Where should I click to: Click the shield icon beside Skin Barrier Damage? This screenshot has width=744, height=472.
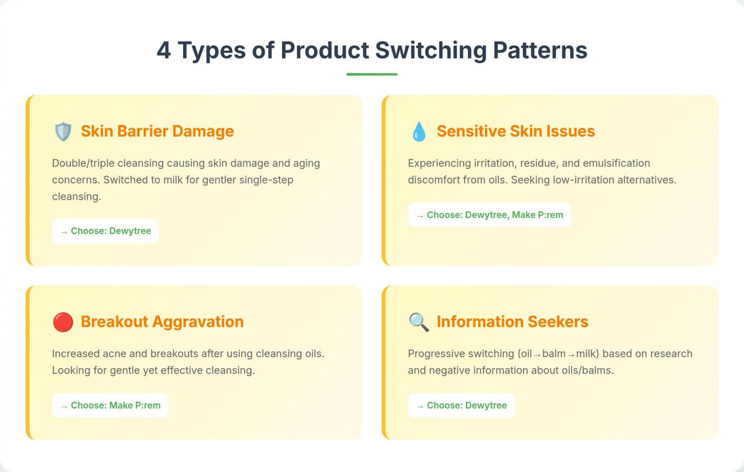tap(63, 132)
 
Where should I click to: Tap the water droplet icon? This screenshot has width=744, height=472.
tap(419, 132)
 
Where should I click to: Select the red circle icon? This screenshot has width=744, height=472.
tap(63, 322)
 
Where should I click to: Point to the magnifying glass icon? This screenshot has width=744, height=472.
tap(419, 322)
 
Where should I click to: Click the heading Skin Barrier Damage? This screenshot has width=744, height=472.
tap(157, 131)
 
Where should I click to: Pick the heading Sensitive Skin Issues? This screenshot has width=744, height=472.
tap(515, 131)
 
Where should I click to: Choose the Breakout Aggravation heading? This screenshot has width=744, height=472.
tap(162, 321)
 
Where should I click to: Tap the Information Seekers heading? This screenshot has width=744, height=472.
tap(512, 321)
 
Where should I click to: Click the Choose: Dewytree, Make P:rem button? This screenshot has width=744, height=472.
tap(489, 215)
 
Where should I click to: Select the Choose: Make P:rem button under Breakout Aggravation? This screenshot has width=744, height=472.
tap(110, 405)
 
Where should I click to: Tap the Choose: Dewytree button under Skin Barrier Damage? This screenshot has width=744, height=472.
tap(105, 231)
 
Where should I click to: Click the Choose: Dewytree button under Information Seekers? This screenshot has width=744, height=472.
tap(461, 405)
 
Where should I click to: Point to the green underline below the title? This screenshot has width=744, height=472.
tap(372, 74)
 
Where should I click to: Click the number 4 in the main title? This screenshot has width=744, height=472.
tap(164, 50)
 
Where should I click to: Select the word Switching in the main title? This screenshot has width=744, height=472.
tap(431, 50)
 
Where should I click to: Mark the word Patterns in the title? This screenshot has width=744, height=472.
tap(540, 50)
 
